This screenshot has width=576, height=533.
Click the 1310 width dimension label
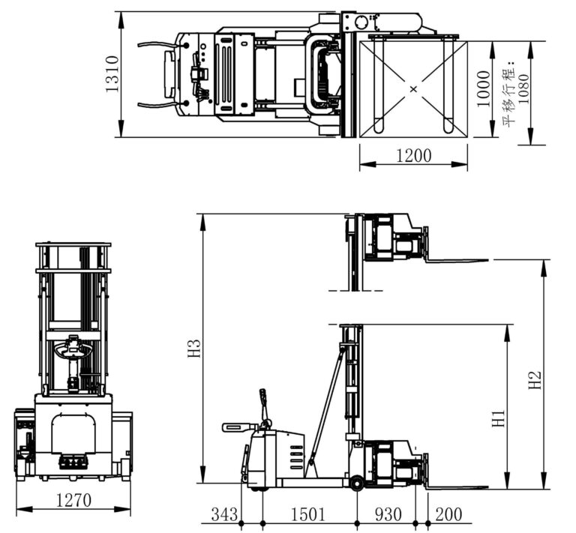[112, 73]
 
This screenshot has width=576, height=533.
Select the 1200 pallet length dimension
[414, 156]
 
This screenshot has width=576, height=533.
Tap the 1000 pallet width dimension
[484, 88]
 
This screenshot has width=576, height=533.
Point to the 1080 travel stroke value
[523, 88]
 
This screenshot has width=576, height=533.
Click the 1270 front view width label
[73, 500]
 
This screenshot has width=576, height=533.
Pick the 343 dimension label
[224, 514]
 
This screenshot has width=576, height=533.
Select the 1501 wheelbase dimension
[307, 514]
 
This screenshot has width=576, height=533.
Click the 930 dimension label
[388, 514]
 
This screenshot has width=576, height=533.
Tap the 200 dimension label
[448, 514]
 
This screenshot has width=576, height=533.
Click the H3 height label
[194, 349]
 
